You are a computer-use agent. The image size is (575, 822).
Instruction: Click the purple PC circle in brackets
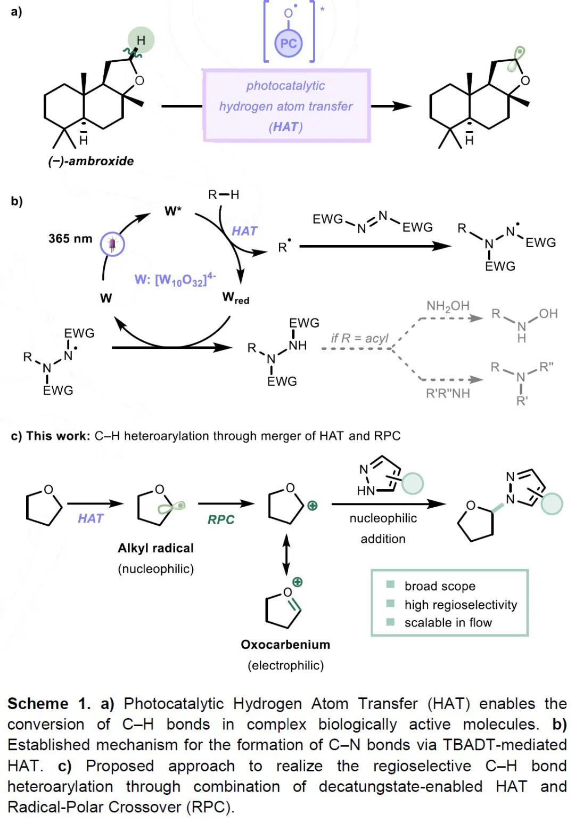point(288,43)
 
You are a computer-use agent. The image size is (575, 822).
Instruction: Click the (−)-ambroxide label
point(91,161)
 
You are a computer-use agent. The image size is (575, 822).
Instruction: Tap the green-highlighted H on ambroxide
point(141,40)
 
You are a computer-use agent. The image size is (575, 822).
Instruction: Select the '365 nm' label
point(70,238)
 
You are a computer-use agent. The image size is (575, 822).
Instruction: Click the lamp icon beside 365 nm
point(112,245)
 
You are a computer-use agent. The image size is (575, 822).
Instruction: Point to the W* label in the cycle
point(172,211)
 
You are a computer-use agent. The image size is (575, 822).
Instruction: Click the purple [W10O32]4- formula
point(175,280)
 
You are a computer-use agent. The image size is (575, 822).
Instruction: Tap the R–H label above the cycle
point(224,194)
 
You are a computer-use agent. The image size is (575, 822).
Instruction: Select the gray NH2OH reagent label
point(448,306)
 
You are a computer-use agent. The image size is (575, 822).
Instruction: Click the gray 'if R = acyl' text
point(359,338)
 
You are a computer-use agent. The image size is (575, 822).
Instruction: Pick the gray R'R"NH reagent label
point(448,393)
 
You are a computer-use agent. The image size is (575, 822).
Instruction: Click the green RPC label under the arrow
point(221,519)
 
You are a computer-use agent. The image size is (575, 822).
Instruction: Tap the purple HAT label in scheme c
point(91,518)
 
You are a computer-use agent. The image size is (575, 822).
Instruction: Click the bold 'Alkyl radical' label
point(155,548)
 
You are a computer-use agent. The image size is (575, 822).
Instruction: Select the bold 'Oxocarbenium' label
point(285,645)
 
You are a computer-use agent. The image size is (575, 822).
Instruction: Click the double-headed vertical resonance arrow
point(286,554)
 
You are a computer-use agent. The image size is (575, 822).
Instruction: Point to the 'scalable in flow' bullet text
point(448,622)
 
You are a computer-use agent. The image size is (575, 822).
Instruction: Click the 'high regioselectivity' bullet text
point(461,605)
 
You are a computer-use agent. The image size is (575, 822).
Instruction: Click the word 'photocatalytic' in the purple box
point(285,86)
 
